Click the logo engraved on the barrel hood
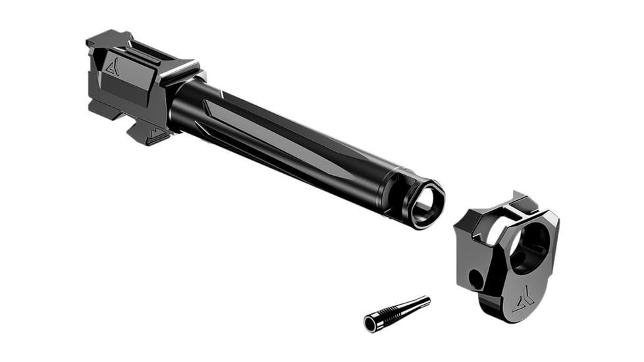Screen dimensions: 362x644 coord(113,66)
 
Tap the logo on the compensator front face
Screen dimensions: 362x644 coord(523,301)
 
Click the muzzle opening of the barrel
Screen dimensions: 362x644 coord(425,205)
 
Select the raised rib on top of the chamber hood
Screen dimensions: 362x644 coord(142,53)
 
